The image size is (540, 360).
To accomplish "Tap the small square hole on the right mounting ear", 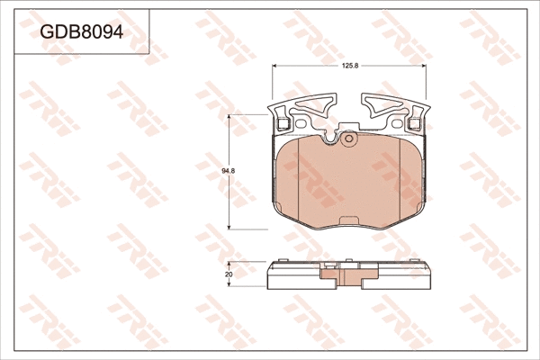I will point(417,123).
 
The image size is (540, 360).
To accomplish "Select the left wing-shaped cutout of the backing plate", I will point(306,109).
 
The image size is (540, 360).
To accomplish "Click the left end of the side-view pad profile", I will point(270,275).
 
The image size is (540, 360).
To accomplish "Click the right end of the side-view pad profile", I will point(430,275).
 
